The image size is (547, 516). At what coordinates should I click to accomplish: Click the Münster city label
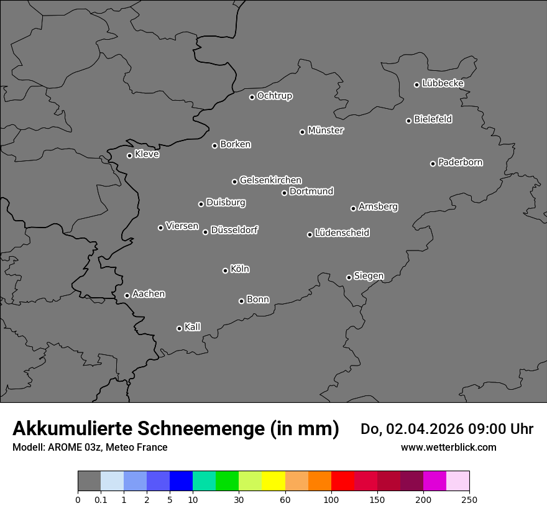point(326,131)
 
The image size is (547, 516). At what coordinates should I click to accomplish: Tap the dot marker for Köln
point(225,270)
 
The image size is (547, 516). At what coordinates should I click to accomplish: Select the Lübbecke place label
point(443,83)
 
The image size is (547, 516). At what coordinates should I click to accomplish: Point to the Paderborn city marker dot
point(433,164)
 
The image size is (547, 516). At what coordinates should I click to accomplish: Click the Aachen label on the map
point(149,293)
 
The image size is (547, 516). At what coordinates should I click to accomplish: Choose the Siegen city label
point(369,276)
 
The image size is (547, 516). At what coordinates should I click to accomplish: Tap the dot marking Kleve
point(129,155)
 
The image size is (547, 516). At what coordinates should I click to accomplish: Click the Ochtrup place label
point(275,96)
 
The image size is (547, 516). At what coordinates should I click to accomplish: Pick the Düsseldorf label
point(234,230)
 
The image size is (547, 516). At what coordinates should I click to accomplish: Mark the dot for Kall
point(179,328)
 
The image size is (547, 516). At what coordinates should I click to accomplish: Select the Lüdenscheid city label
point(342,233)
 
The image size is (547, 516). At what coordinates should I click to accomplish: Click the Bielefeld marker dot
point(409,121)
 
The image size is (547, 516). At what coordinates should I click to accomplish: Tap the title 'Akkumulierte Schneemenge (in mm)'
point(176,428)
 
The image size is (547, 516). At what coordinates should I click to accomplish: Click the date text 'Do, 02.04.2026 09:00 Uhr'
point(447,429)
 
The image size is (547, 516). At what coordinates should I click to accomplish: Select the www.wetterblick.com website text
point(449,447)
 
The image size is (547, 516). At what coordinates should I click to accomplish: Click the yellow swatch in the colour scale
point(273,481)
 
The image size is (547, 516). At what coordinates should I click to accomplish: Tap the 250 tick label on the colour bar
point(469,499)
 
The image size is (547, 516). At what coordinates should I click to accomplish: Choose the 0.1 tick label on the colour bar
point(101,499)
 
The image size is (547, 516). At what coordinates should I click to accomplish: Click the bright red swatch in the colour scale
point(342,481)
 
